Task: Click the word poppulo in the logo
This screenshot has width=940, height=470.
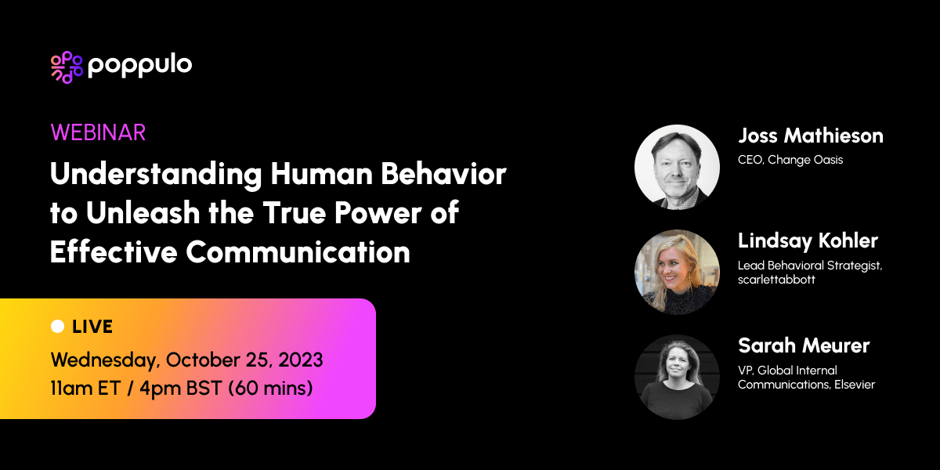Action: tap(140, 66)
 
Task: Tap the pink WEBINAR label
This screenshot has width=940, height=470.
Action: tap(98, 132)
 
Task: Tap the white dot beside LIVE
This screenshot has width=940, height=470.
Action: tap(57, 327)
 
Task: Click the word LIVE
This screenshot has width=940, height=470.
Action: tap(92, 327)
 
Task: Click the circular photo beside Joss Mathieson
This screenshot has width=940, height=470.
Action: tap(677, 168)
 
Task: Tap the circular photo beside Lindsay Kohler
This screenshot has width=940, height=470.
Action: tap(677, 272)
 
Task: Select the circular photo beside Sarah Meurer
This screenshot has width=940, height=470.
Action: tap(677, 377)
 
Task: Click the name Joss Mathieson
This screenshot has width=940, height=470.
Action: tap(810, 136)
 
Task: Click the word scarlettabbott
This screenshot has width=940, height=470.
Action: tap(776, 280)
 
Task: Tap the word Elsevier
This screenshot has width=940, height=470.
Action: tap(851, 384)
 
